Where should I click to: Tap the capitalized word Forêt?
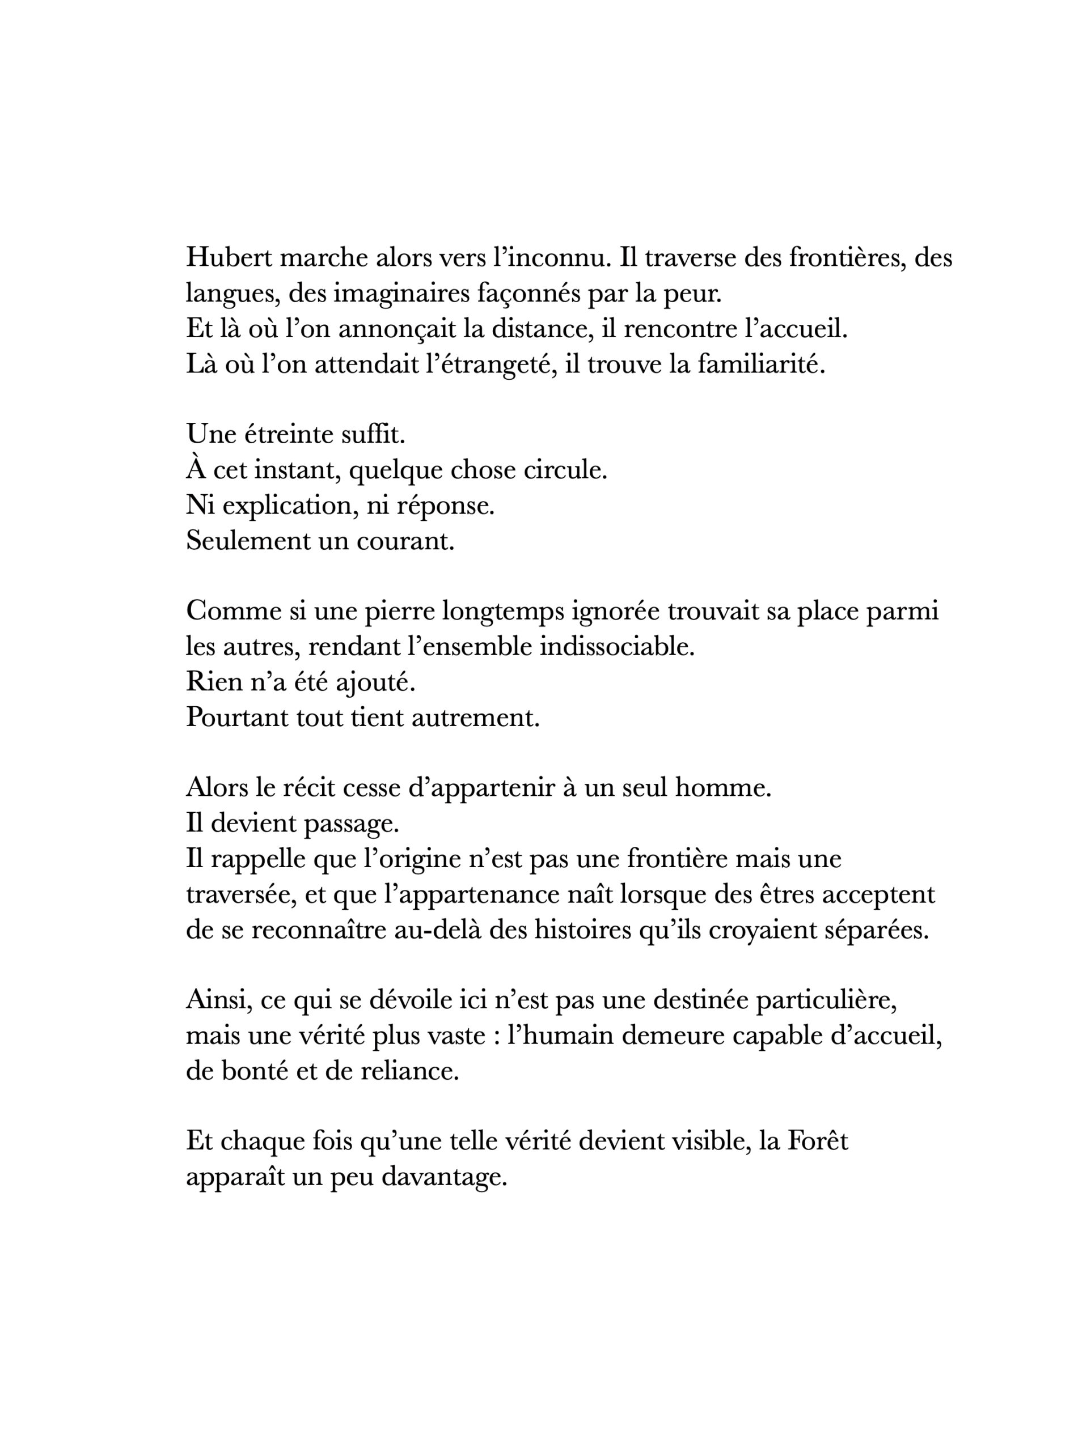(x=818, y=1142)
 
